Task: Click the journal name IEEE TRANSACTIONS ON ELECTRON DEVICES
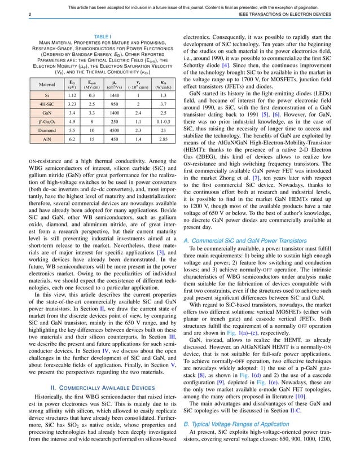296,14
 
